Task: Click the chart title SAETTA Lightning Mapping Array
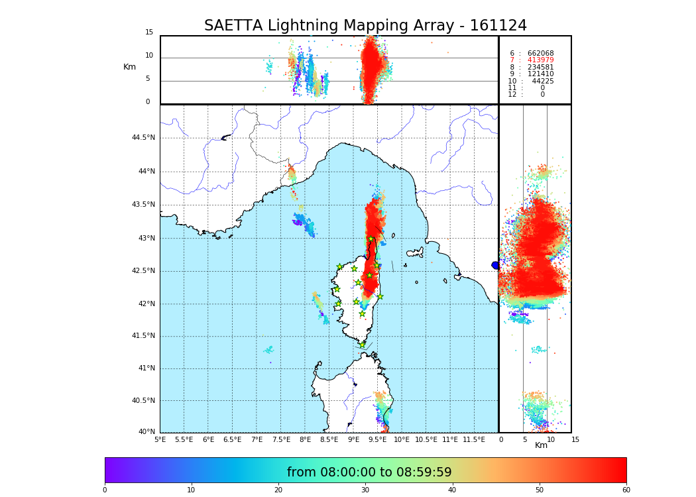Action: pos(365,26)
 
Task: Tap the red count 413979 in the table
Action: pos(540,60)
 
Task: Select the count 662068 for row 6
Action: pos(540,54)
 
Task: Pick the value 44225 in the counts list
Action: pos(543,82)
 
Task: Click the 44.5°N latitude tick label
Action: pos(143,138)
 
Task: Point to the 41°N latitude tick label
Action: pos(145,368)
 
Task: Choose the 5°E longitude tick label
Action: pos(160,439)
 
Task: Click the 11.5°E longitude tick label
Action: pos(473,439)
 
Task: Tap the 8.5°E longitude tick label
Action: pos(329,439)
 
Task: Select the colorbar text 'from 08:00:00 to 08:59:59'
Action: pos(369,472)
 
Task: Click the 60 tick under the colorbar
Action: pos(626,490)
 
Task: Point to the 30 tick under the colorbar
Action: pos(365,490)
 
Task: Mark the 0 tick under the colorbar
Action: pos(105,490)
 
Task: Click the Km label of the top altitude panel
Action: pos(130,67)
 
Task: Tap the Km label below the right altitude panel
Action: pos(542,445)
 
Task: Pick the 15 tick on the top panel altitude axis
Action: pos(149,32)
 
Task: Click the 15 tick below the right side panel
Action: pos(575,439)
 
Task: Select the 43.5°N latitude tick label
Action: pos(143,205)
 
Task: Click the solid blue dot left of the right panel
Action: pos(495,265)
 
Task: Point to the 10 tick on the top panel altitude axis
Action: pos(149,56)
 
